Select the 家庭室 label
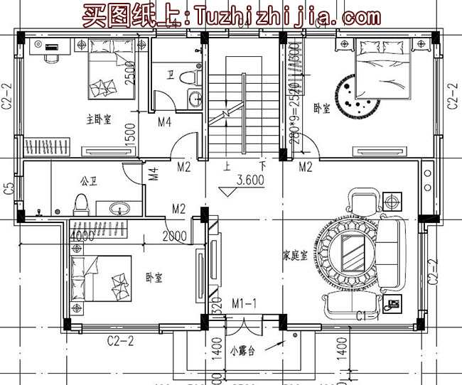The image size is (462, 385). (294, 256)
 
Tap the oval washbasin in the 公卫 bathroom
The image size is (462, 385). (119, 208)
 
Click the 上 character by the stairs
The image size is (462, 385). (226, 167)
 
